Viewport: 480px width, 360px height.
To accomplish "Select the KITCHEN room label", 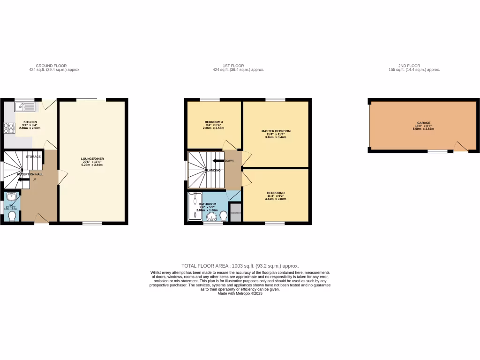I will pos(30,122).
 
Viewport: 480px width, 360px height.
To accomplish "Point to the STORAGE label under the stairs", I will pos(33,156).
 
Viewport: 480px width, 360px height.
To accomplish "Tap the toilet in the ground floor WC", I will pos(12,216).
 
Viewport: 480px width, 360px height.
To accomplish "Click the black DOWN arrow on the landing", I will pos(218,161).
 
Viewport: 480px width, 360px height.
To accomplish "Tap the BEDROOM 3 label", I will pos(213,122).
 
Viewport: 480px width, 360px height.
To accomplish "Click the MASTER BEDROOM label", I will pos(276,131).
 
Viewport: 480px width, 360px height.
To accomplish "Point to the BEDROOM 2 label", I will pos(276,193).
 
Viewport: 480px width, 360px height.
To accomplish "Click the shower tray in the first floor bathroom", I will pos(193,207).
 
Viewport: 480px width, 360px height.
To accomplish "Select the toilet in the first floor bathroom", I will pos(224,216).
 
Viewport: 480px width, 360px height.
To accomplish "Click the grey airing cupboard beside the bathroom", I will pos(235,211).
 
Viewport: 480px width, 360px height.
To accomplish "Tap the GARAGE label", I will pos(423,122).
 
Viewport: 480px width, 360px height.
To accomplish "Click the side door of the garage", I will pos(461,147).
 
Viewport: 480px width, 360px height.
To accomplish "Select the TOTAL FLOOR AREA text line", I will pos(240,266).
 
